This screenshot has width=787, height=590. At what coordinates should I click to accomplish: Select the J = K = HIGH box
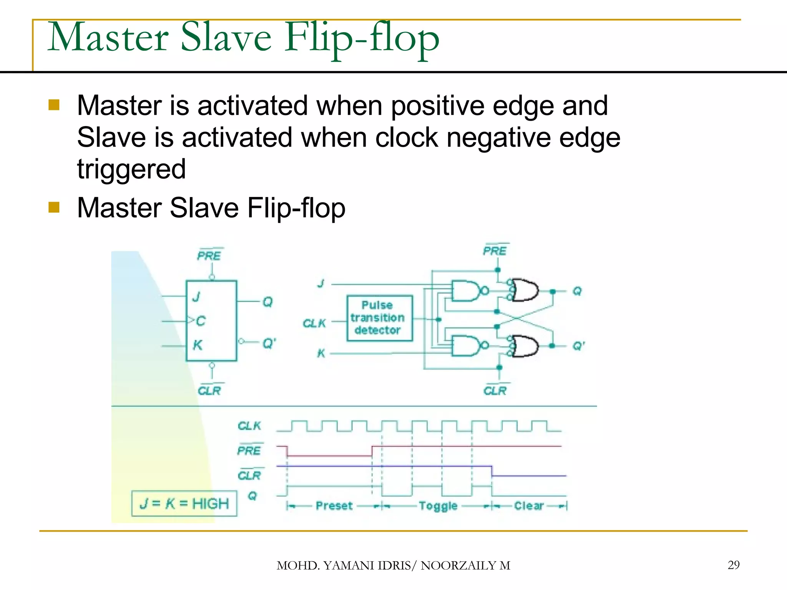[x=184, y=503]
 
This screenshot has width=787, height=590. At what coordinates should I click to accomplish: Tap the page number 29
[x=733, y=565]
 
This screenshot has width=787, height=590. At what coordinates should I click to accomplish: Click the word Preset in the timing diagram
[x=334, y=505]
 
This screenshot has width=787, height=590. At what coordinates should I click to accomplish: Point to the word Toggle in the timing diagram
[x=438, y=506]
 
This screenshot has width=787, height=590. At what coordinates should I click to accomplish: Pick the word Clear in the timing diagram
[x=529, y=505]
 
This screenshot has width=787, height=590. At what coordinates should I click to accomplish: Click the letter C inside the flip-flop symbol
[x=201, y=321]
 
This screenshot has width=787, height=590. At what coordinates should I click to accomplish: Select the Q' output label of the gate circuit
[x=578, y=346]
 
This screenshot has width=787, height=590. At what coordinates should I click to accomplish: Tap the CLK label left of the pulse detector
[x=314, y=323]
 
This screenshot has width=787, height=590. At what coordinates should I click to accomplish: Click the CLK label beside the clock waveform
[x=249, y=426]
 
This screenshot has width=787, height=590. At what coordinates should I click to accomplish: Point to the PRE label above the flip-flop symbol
[x=209, y=255]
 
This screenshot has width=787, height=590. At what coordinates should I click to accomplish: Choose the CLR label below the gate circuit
[x=495, y=391]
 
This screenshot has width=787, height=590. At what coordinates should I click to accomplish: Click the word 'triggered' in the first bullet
[x=131, y=169]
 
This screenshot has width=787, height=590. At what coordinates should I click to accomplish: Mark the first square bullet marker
[x=54, y=105]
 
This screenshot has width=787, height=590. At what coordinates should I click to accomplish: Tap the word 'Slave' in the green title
[x=226, y=37]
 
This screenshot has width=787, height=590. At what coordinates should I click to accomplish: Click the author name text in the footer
[x=393, y=565]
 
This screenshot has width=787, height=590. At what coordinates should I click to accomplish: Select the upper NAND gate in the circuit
[x=466, y=291]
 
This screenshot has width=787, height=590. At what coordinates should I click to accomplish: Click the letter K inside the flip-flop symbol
[x=198, y=345]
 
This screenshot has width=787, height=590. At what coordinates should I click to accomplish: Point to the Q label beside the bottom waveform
[x=252, y=496]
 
